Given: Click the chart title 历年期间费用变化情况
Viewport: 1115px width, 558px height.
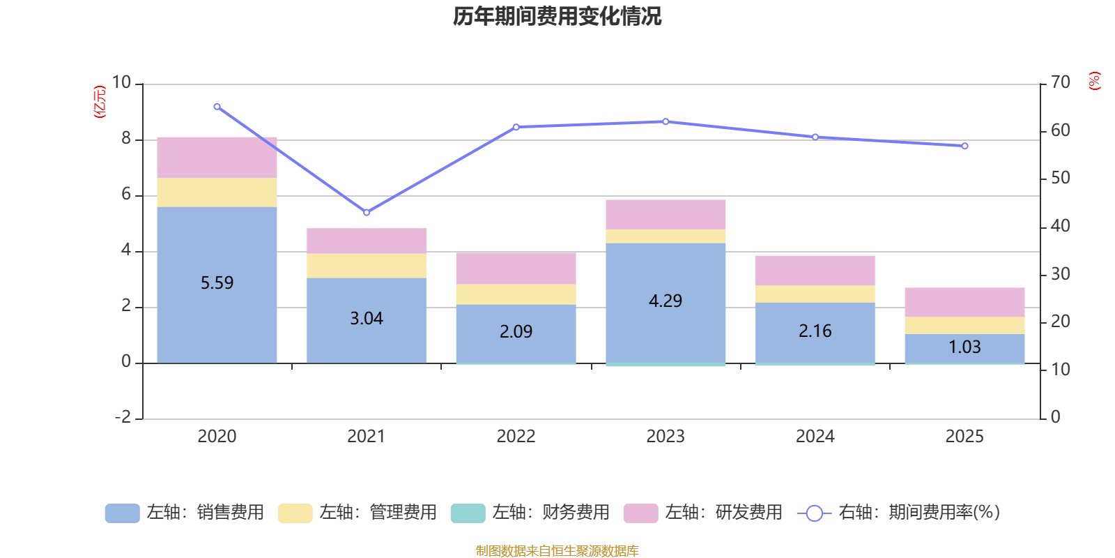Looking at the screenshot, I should click(x=557, y=16).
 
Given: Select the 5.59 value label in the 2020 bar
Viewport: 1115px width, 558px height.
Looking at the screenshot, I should click(x=217, y=282).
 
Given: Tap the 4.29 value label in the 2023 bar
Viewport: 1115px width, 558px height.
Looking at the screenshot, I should click(x=666, y=301).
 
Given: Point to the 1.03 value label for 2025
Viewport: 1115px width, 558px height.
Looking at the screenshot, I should click(x=964, y=347).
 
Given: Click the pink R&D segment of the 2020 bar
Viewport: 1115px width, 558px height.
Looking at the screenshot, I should click(x=217, y=158).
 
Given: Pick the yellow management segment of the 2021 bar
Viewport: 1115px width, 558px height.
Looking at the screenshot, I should click(x=367, y=266).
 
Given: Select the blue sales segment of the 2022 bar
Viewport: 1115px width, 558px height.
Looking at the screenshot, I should click(x=516, y=333).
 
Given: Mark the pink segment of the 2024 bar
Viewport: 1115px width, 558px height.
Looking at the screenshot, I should click(x=815, y=271).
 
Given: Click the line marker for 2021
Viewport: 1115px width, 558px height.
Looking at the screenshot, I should click(x=367, y=212).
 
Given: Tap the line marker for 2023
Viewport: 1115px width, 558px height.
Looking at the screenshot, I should click(x=666, y=121).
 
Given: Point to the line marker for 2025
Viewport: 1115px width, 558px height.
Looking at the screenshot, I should click(x=964, y=146).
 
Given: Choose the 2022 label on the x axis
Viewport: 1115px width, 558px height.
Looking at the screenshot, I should click(x=516, y=436).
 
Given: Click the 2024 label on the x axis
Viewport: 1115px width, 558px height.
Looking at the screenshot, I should click(x=815, y=436).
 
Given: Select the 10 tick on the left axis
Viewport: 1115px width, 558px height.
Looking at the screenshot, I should click(x=122, y=83).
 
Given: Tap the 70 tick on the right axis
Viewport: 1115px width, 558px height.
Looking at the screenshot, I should click(x=1060, y=82).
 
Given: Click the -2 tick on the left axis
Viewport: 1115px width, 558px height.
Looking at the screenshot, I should click(x=123, y=417).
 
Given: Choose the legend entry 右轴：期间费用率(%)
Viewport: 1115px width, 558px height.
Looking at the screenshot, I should click(x=899, y=513).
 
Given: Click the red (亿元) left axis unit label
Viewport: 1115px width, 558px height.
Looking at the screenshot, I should click(x=100, y=102).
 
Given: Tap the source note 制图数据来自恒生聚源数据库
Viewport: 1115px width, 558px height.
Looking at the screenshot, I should click(x=557, y=551).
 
